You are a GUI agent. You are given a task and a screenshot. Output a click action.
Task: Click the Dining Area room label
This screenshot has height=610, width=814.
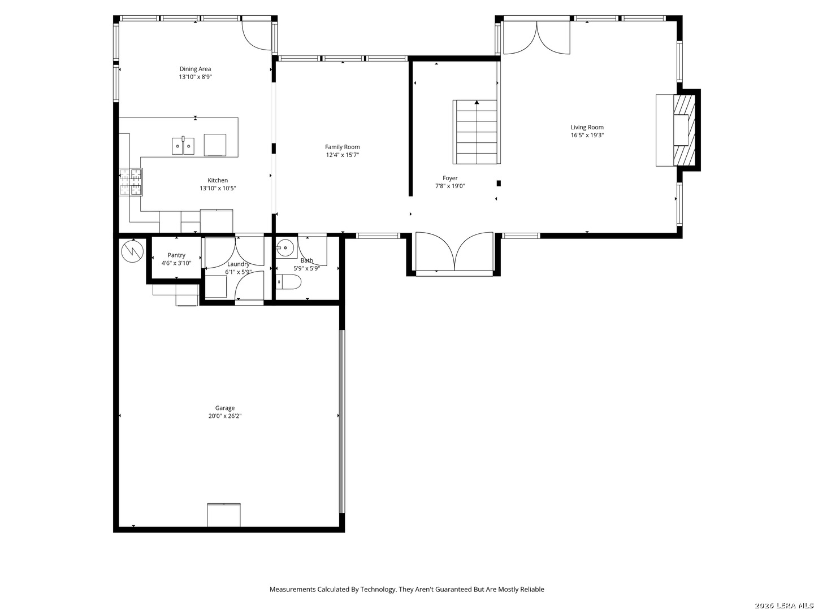click(195, 69)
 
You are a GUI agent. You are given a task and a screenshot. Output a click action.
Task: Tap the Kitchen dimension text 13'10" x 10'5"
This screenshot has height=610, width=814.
click(218, 188)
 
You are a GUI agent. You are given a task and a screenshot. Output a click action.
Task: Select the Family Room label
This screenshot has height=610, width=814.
click(343, 147)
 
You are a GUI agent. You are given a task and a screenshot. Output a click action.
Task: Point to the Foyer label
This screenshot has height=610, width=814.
click(450, 178)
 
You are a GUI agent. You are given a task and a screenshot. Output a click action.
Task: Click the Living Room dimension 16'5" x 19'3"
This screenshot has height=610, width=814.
click(587, 135)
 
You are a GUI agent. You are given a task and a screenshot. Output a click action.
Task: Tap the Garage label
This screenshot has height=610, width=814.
click(225, 408)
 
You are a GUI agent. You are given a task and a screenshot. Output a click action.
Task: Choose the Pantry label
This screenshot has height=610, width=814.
click(176, 255)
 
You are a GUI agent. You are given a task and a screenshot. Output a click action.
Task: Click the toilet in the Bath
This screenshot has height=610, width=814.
click(288, 282)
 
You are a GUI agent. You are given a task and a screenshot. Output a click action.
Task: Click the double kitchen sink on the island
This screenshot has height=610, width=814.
click(183, 146)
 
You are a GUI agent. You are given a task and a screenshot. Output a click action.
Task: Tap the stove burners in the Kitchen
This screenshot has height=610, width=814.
click(131, 182)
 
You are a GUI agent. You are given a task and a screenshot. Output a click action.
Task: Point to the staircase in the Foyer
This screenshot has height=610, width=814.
click(477, 132)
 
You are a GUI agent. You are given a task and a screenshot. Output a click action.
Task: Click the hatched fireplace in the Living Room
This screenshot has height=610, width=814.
click(684, 130)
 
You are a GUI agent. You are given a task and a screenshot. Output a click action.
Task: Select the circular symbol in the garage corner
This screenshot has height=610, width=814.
click(132, 251)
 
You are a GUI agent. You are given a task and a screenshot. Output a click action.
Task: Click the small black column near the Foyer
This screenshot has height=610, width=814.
click(499, 184)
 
